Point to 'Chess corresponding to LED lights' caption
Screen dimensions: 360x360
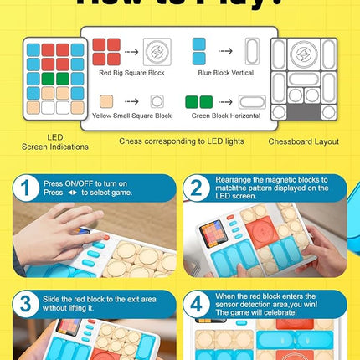(x=181, y=141)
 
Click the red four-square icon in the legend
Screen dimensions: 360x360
(x=106, y=50)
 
